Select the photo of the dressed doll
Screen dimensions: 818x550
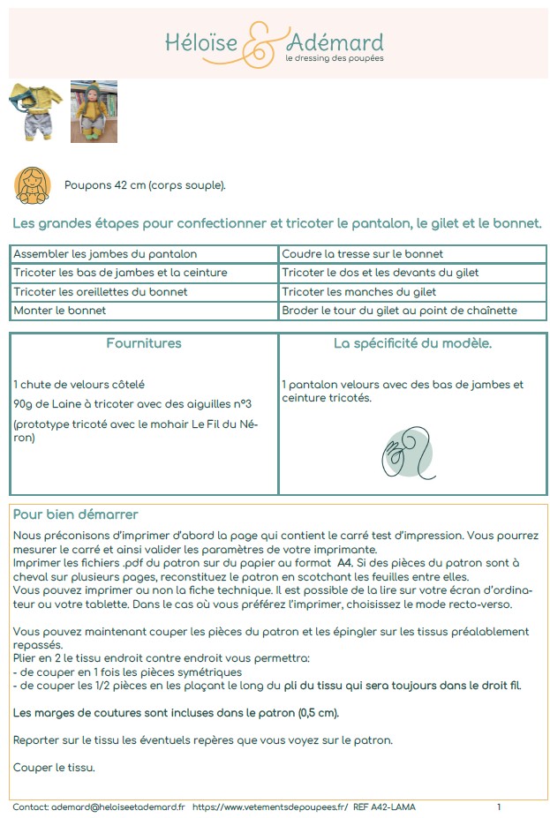pos(94,111)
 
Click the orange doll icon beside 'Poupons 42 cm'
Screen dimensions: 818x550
pos(33,184)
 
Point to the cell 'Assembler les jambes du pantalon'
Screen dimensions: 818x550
pos(105,254)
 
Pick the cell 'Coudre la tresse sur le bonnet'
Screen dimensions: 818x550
pos(362,254)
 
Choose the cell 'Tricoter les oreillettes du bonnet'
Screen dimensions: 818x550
pos(102,292)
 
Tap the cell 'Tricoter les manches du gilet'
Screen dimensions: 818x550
pos(359,292)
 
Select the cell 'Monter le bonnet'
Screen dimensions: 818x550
pos(60,311)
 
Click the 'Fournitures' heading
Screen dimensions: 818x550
pos(144,343)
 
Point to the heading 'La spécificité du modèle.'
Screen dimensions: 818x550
pos(412,343)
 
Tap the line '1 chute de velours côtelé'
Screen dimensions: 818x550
pos(79,385)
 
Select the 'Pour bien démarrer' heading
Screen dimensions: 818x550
pos(75,514)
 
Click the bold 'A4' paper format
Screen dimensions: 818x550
pos(347,561)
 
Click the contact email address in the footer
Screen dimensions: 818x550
pos(117,807)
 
